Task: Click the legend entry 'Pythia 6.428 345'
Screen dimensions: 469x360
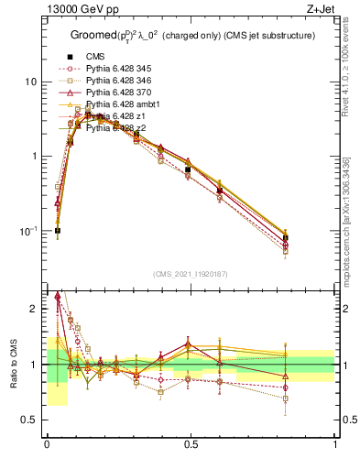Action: tap(120, 69)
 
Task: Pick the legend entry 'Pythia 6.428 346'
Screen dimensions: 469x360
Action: tap(120, 81)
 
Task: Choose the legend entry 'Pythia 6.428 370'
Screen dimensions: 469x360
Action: tap(120, 93)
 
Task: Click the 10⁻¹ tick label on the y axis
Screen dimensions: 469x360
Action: tap(29, 231)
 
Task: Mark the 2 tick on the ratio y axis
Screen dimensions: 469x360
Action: tap(35, 309)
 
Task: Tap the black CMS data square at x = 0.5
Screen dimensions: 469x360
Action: tap(188, 169)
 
